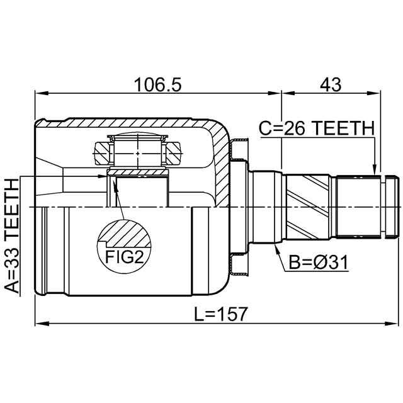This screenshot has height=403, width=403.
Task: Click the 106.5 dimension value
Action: pyautogui.click(x=158, y=84)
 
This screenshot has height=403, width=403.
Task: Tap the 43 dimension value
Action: pyautogui.click(x=331, y=84)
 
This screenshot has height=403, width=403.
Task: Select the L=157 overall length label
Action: pyautogui.click(x=220, y=314)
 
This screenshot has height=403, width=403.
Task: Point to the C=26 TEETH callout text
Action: pyautogui.click(x=317, y=128)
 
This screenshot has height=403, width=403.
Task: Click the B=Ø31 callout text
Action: pyautogui.click(x=319, y=263)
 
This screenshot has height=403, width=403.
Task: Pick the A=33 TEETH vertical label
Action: pyautogui.click(x=12, y=236)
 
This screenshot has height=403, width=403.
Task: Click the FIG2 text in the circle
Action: pyautogui.click(x=124, y=258)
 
